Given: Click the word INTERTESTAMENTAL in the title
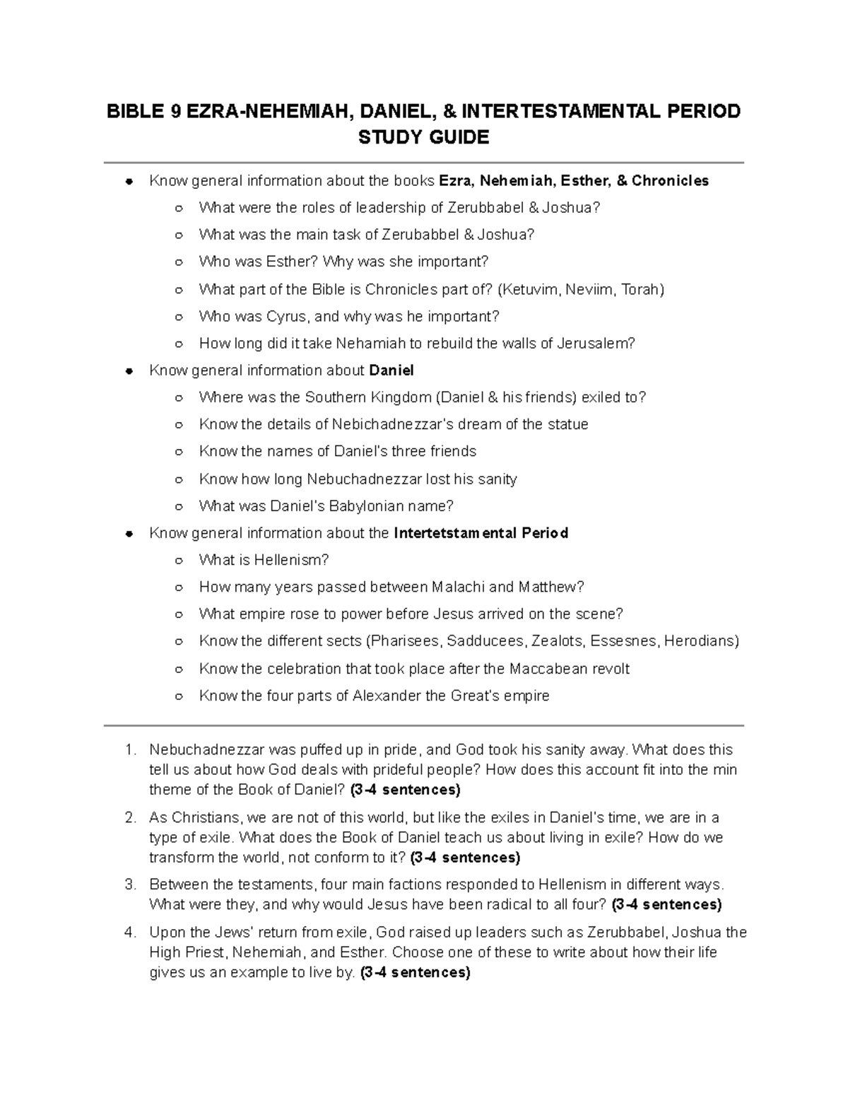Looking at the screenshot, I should pyautogui.click(x=559, y=112).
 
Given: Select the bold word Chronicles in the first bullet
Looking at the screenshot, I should pyautogui.click(x=670, y=181).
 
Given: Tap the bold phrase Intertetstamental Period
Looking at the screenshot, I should pyautogui.click(x=481, y=533).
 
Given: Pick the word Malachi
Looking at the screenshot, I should pyautogui.click(x=457, y=587).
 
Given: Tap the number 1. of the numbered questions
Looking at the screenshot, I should pyautogui.click(x=130, y=749).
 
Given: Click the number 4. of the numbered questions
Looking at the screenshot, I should pyautogui.click(x=130, y=932).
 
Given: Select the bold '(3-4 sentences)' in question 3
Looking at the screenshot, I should pyautogui.click(x=666, y=904).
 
